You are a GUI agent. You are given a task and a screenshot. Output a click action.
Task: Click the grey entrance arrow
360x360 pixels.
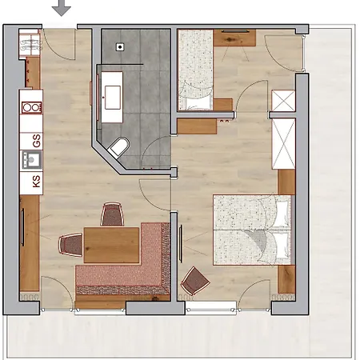pyautogui.click(x=62, y=8)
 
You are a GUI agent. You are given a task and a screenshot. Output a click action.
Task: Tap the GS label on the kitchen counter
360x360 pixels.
pyautogui.click(x=37, y=141)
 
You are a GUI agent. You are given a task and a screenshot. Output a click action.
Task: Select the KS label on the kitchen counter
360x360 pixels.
pyautogui.click(x=37, y=181)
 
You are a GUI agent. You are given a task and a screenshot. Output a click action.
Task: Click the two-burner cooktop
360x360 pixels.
pyautogui.click(x=32, y=108)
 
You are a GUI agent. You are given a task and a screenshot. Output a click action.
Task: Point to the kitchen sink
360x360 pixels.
pyautogui.click(x=32, y=160)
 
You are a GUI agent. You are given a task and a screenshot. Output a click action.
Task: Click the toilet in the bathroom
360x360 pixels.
pyautogui.click(x=118, y=148)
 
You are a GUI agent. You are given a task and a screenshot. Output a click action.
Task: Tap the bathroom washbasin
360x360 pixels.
pyautogui.click(x=113, y=98)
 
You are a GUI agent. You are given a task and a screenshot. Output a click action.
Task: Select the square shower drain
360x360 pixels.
pyautogui.click(x=120, y=47)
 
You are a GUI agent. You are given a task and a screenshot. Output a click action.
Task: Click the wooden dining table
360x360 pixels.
pyautogui.click(x=111, y=245)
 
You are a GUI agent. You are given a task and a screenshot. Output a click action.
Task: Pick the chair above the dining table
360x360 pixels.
pyautogui.click(x=112, y=214)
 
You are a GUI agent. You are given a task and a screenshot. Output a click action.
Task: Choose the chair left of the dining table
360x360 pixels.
pyautogui.click(x=71, y=245)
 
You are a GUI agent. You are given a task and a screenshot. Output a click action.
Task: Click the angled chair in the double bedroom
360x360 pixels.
pyautogui.click(x=195, y=281)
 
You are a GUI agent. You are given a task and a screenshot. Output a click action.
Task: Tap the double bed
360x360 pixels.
pyautogui.click(x=252, y=230)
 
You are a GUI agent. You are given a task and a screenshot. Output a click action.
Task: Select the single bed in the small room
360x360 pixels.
pyautogui.click(x=195, y=70)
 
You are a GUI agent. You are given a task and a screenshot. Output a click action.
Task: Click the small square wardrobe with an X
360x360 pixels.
pyautogui.click(x=283, y=101)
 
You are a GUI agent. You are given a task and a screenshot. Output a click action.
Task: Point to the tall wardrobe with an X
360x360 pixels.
pyautogui.click(x=283, y=144)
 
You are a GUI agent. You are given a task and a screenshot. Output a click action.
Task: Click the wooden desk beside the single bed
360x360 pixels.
pyautogui.click(x=234, y=38)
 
